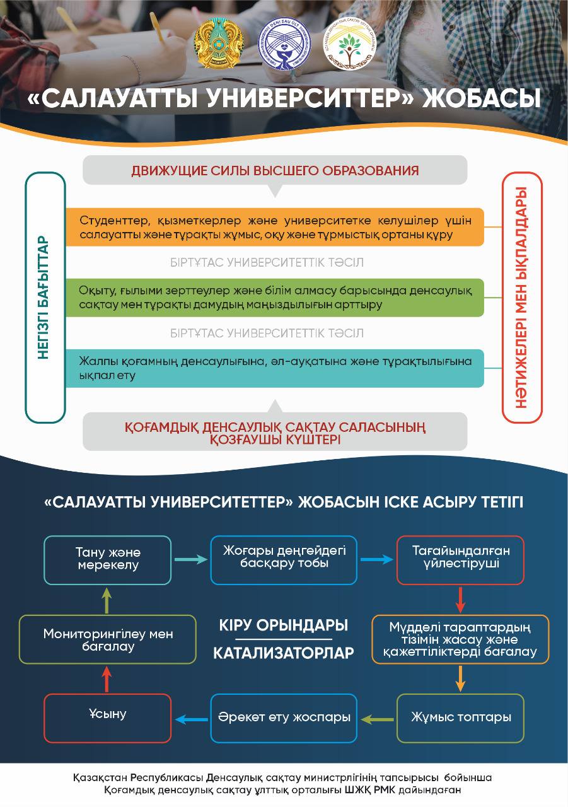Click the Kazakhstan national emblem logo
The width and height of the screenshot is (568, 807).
(218, 46)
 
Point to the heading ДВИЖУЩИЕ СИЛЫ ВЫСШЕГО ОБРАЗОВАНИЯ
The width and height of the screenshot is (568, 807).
(275, 170)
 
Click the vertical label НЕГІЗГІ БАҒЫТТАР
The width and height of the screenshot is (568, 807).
(45, 298)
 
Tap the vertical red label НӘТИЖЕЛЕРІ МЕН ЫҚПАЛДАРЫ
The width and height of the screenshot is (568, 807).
(522, 298)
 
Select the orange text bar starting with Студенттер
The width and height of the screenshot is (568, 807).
(275, 227)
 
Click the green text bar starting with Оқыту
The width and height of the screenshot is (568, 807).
(275, 297)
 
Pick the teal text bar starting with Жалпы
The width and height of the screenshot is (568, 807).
(275, 368)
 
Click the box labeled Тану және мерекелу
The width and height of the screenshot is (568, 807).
(108, 560)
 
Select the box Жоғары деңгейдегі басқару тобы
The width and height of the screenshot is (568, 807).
(284, 560)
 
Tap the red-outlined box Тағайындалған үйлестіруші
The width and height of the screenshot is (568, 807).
(461, 560)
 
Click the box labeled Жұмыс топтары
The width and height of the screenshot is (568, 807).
(461, 717)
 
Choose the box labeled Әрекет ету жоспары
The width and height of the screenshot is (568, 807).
(284, 717)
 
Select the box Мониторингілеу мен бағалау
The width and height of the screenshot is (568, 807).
(108, 640)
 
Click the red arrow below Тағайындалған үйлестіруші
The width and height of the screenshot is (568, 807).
(461, 600)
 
